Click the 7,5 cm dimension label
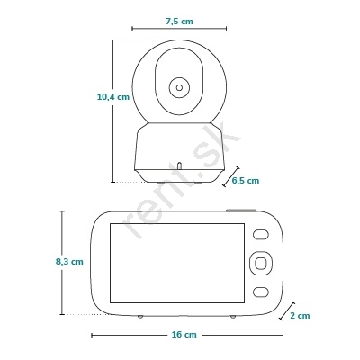tap(179, 22)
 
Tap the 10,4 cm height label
tap(113, 97)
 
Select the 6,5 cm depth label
tap(246, 181)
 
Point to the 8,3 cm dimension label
tap(69, 262)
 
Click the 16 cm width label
tap(184, 334)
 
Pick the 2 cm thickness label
tap(300, 316)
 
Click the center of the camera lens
tap(179, 87)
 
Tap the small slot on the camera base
tap(179, 166)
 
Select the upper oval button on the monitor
tap(260, 235)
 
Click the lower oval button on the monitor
tap(260, 292)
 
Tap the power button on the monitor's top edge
tap(241, 211)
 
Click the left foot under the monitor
tap(140, 317)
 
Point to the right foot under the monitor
tap(233, 317)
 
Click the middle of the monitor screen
tap(177, 263)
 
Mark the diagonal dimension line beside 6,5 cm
tap(231, 176)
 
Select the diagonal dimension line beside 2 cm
tap(287, 310)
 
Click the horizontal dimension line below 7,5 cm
tap(179, 29)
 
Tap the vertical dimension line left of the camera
tap(113, 111)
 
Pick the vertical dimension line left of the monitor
tap(62, 263)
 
